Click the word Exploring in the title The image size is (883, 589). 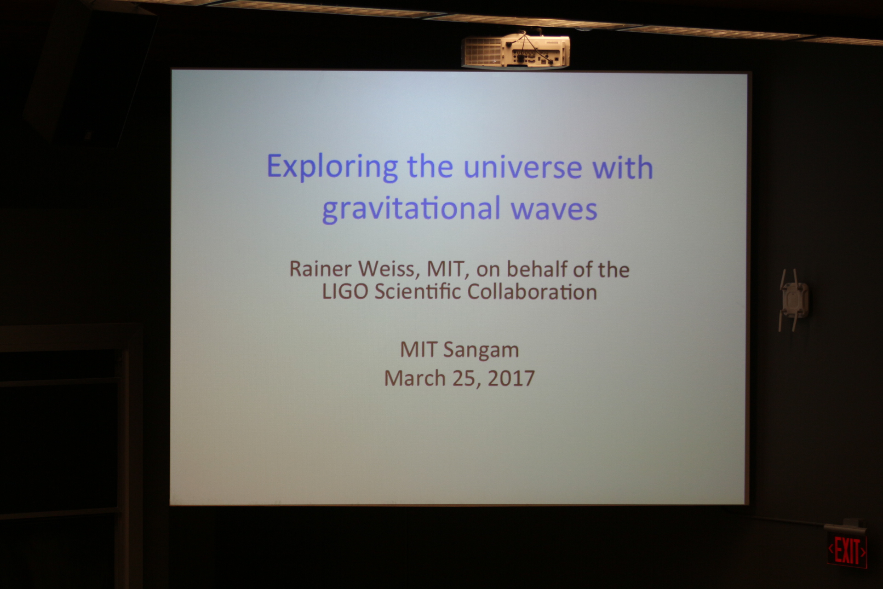[332, 167]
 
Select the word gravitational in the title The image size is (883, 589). [411, 208]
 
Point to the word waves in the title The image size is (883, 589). [554, 209]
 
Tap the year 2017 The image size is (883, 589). [511, 378]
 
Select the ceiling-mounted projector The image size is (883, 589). [516, 50]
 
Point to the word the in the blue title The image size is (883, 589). [430, 167]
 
